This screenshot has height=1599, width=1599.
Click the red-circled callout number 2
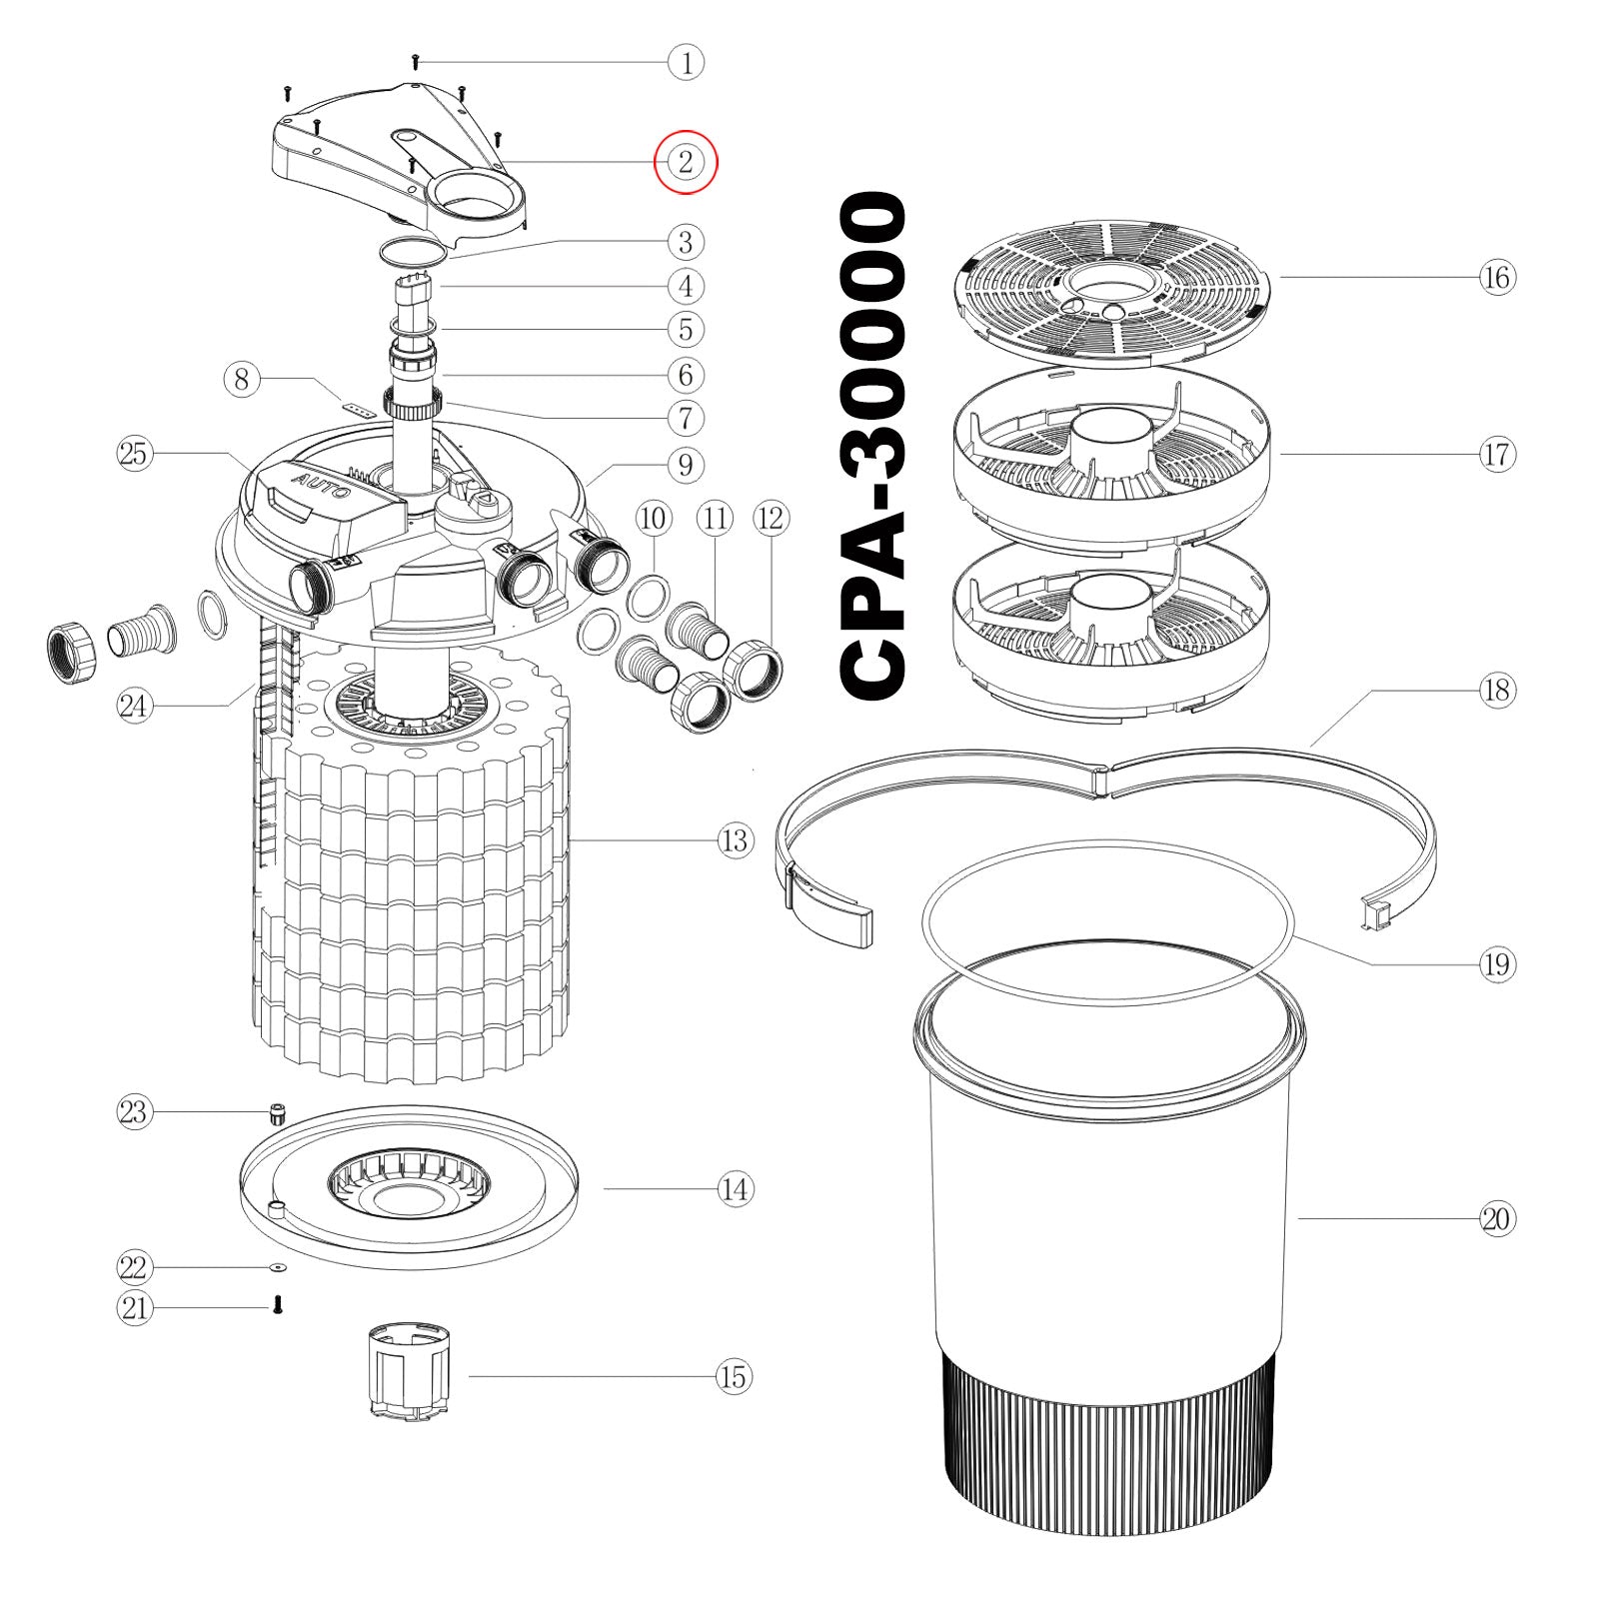[686, 162]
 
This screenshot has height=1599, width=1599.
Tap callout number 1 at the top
[686, 63]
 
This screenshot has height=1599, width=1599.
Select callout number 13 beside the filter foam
[735, 840]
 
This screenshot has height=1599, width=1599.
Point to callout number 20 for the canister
[1496, 1219]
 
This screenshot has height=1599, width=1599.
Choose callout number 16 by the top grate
[1496, 277]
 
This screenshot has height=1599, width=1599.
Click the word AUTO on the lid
[321, 487]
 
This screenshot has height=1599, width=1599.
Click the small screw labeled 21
[278, 1304]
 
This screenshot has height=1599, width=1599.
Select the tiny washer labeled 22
[277, 1267]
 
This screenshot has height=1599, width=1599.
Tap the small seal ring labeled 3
[412, 250]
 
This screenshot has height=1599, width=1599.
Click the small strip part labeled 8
[357, 408]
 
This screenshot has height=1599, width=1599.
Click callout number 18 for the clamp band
[1496, 691]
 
